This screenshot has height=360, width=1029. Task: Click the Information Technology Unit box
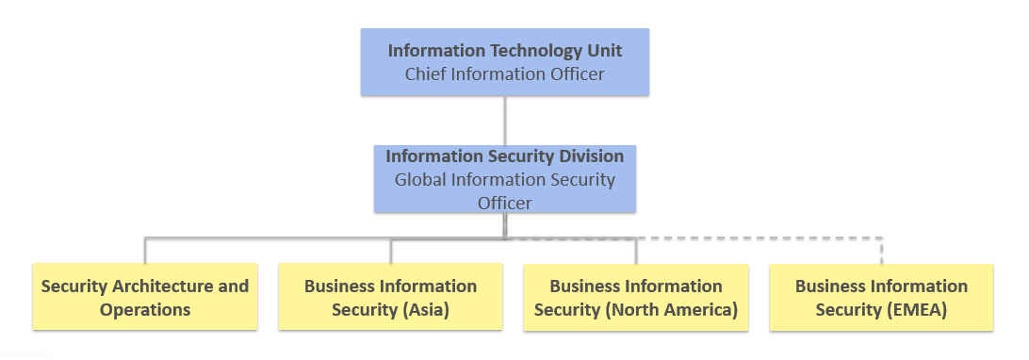point(504,62)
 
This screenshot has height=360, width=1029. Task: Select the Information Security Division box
point(504,179)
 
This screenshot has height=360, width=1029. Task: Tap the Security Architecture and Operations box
point(145,297)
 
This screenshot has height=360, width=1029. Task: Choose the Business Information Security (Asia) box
point(390,297)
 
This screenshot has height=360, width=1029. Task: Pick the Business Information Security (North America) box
point(636,297)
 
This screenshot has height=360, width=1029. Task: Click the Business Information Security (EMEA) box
point(881,297)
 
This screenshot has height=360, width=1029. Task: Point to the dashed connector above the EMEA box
point(881,249)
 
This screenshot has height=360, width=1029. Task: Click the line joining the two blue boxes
point(504,120)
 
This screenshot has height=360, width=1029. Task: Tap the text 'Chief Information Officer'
point(504,74)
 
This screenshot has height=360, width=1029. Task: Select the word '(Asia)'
point(421,309)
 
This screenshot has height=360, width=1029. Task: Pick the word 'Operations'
point(145,309)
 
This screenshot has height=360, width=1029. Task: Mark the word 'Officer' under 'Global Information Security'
point(504,203)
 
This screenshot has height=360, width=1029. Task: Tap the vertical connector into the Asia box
point(390,250)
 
